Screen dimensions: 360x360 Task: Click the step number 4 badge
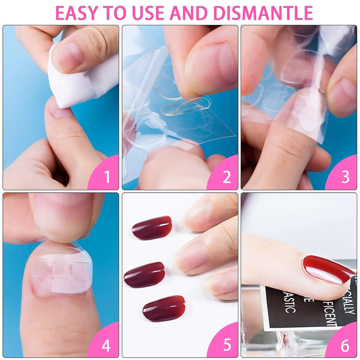click(x=106, y=346)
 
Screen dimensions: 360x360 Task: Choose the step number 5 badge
click(x=226, y=346)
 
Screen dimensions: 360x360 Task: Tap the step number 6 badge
click(x=345, y=346)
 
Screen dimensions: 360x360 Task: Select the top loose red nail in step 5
click(x=152, y=228)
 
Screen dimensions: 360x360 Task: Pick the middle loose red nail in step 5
click(x=144, y=274)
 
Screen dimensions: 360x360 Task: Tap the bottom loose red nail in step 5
click(x=164, y=308)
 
